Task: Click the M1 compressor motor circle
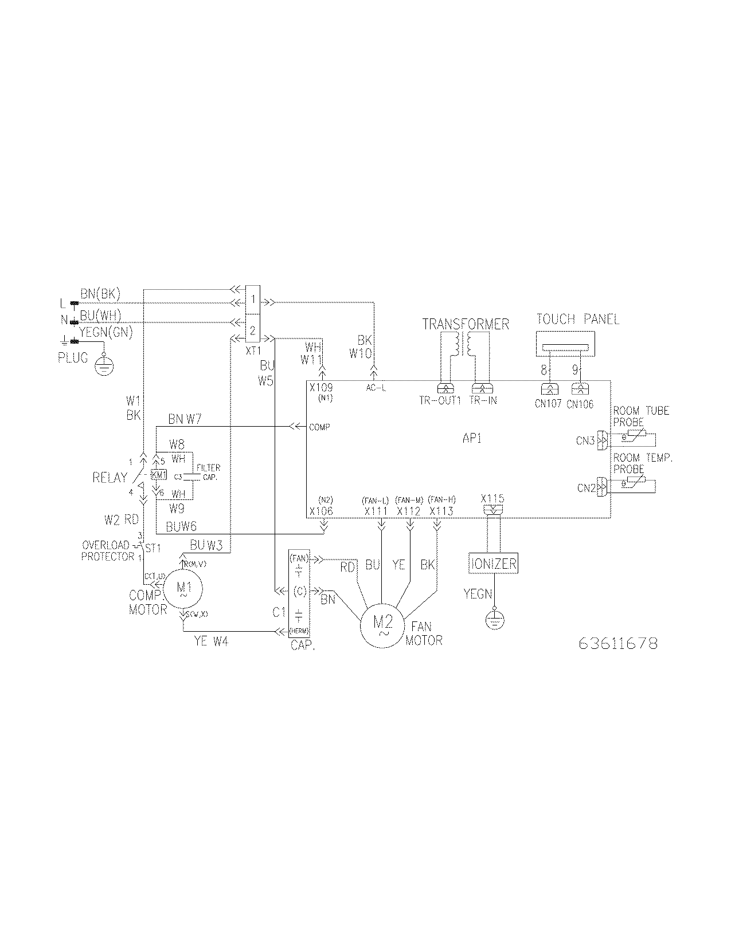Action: point(183,589)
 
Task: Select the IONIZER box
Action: point(493,564)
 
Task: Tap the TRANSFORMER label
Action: point(466,324)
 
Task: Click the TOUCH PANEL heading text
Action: point(577,319)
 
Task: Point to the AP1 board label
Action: point(472,439)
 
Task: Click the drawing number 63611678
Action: point(617,643)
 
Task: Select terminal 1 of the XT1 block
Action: point(253,300)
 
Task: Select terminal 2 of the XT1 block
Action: point(253,331)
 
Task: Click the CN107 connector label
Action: point(547,404)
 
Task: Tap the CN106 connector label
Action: point(580,404)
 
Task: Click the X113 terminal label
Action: point(441,511)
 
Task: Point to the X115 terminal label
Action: point(492,499)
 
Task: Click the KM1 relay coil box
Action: point(158,475)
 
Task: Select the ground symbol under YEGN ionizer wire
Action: point(493,620)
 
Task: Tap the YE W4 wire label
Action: point(211,642)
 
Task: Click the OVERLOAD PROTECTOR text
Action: point(108,550)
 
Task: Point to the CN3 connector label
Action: point(585,440)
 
